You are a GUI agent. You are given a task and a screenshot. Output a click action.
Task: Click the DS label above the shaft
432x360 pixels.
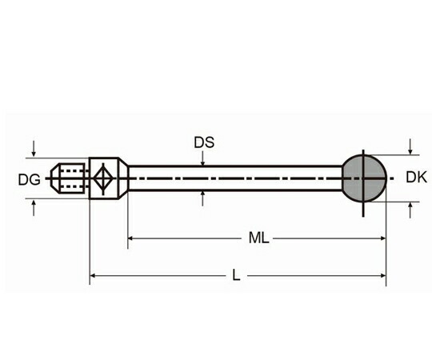(204, 142)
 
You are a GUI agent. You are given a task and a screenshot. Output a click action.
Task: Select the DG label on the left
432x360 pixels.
(30, 180)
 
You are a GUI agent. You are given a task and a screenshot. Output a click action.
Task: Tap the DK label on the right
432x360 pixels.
(416, 177)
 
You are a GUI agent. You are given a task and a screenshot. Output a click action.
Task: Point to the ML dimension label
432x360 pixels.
(258, 238)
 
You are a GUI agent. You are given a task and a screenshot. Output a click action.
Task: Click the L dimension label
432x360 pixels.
(236, 275)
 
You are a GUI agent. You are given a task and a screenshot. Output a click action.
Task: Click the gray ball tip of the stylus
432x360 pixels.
(364, 178)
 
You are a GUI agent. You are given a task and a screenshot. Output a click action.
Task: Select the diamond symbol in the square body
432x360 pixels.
(103, 178)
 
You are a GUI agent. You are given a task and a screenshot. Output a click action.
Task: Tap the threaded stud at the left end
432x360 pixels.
(70, 178)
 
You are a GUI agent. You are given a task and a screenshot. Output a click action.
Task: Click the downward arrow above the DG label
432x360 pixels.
(34, 149)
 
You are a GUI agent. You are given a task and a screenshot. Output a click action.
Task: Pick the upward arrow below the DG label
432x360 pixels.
(34, 208)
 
